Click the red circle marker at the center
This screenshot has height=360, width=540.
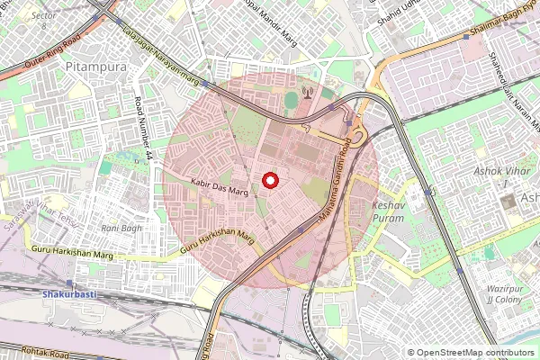pyautogui.click(x=269, y=181)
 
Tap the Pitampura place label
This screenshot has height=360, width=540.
pyautogui.click(x=94, y=67)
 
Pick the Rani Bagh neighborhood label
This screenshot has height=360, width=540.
pyautogui.click(x=121, y=229)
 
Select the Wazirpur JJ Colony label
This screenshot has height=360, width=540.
pyautogui.click(x=504, y=293)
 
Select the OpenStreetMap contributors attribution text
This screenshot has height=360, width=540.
pyautogui.click(x=470, y=353)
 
